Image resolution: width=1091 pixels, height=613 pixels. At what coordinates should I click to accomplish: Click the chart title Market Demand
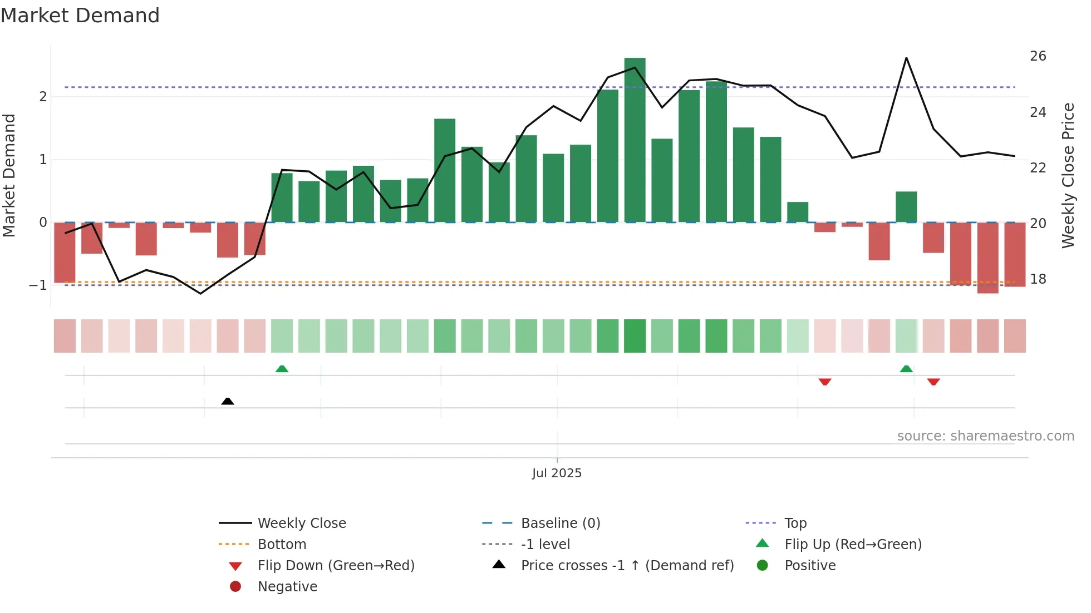click(x=80, y=16)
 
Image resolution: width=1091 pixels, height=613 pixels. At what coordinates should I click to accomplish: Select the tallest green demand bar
click(x=635, y=139)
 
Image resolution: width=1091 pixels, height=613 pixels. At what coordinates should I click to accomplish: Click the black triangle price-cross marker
click(x=227, y=401)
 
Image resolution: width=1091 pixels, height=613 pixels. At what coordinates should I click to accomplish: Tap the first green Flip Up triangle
click(x=282, y=369)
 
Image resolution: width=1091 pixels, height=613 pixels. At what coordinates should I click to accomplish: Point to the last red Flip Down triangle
click(x=933, y=382)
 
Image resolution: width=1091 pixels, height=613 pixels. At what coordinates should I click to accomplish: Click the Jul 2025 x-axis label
click(x=557, y=473)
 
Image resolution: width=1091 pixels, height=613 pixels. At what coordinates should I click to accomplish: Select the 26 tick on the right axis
click(x=1038, y=56)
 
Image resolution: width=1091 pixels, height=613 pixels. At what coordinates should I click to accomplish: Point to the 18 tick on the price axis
click(x=1038, y=279)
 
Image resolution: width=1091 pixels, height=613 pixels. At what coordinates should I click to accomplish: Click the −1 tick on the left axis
click(x=38, y=285)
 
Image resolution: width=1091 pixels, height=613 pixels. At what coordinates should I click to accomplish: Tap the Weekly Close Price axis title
click(x=1068, y=175)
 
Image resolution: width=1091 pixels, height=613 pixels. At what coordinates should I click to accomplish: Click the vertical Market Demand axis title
click(x=9, y=175)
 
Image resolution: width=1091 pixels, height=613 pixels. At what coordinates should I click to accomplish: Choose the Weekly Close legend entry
click(x=301, y=523)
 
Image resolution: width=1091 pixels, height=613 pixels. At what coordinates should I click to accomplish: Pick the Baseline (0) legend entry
click(x=560, y=523)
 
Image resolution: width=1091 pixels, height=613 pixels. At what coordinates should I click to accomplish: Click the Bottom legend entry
click(x=282, y=544)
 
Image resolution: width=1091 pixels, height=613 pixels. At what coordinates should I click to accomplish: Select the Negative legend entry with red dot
click(x=287, y=586)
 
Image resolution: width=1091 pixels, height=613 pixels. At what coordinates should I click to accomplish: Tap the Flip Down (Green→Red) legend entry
click(x=336, y=565)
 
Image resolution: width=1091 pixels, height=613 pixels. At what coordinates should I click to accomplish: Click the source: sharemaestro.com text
click(x=985, y=436)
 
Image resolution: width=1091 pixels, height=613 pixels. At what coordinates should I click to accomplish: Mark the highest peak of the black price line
click(x=906, y=58)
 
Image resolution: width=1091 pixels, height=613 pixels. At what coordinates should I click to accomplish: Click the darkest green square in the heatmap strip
click(x=635, y=336)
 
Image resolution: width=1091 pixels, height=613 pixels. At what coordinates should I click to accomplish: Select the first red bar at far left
click(x=65, y=252)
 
